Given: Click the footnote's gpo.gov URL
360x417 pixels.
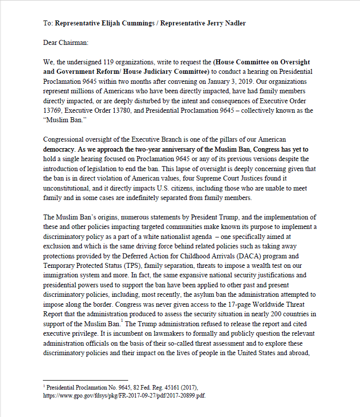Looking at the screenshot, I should click(124, 396).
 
